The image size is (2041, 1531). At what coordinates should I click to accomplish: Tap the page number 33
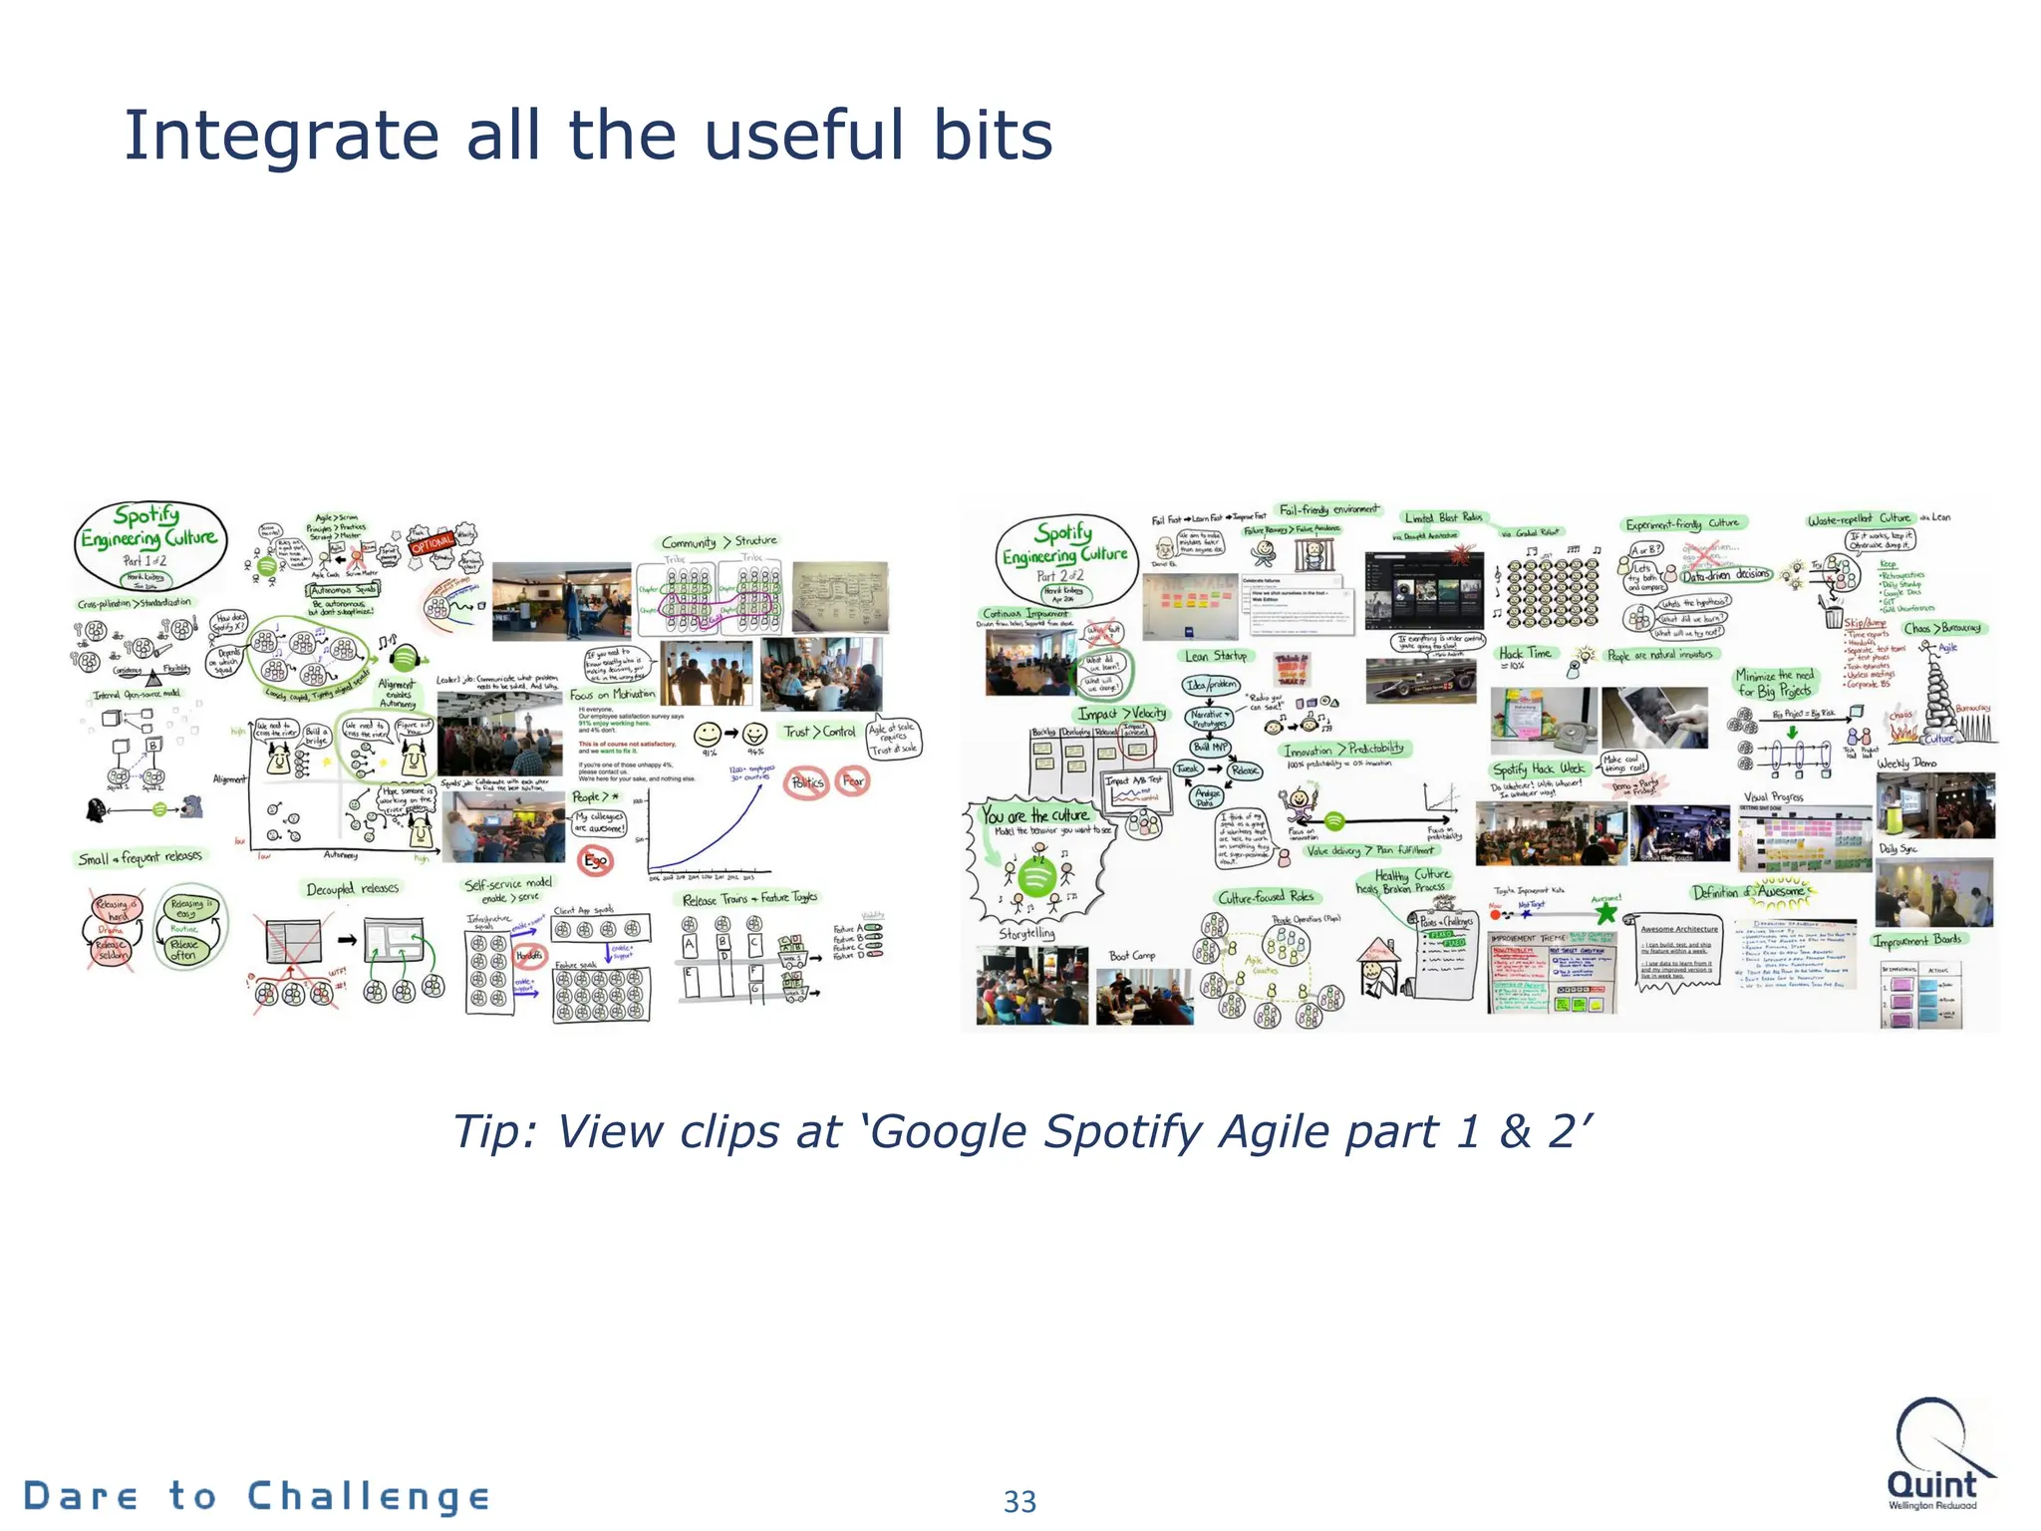1020,1501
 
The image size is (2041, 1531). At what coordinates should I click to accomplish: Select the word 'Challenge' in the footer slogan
368,1496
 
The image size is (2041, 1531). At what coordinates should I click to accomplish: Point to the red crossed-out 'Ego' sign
595,860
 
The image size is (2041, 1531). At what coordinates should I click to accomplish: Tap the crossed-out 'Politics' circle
807,782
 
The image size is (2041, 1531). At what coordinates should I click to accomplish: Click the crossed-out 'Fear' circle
853,781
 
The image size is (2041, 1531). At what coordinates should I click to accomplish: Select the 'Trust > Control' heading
818,732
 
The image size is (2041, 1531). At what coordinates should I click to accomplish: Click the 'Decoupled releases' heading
352,888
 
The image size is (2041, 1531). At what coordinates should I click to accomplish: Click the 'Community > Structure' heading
719,541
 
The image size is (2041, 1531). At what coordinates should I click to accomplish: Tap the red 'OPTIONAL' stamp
434,543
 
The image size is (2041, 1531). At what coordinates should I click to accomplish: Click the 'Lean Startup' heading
1216,656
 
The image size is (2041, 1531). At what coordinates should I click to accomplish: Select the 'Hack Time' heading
1525,653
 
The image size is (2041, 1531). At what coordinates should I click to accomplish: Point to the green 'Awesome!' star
1605,911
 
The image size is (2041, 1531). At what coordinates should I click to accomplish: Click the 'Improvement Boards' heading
1917,940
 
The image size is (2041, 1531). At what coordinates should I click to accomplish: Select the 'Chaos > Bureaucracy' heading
1942,628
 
